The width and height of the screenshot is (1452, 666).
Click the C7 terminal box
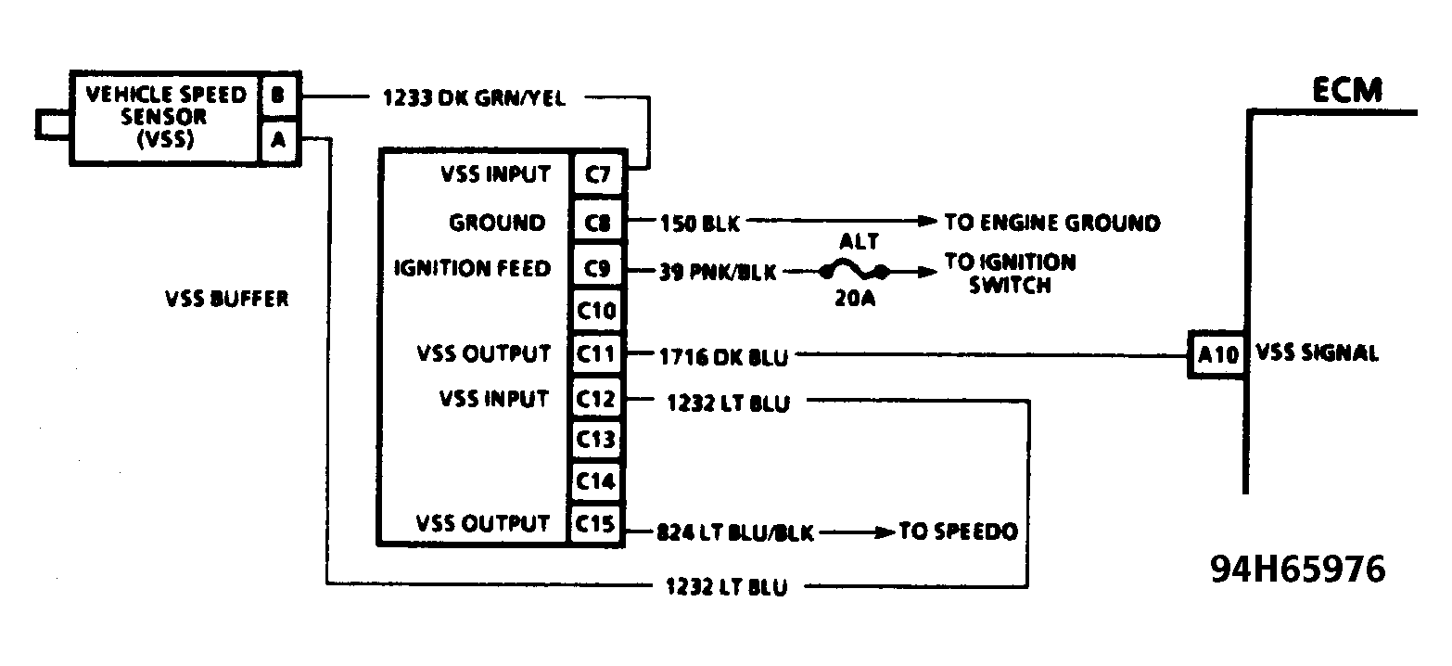tap(596, 173)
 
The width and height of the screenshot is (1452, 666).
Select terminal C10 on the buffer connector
tap(596, 310)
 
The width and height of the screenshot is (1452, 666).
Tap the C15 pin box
tap(596, 524)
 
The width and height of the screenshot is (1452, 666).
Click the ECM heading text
tap(1346, 91)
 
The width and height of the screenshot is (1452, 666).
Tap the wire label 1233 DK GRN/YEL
tap(473, 97)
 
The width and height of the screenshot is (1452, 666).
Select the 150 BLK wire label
tap(699, 223)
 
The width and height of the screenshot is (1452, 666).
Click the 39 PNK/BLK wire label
tap(719, 272)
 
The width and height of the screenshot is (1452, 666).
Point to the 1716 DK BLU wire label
tap(724, 354)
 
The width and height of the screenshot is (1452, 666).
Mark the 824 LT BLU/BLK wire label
tap(734, 533)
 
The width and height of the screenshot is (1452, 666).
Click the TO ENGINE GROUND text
tap(1051, 223)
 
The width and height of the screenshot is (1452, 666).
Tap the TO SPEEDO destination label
tap(958, 532)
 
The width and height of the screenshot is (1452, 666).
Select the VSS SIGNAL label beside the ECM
tap(1317, 353)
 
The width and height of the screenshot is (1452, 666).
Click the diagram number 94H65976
tap(1297, 569)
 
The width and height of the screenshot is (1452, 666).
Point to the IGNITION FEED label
tap(472, 269)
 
